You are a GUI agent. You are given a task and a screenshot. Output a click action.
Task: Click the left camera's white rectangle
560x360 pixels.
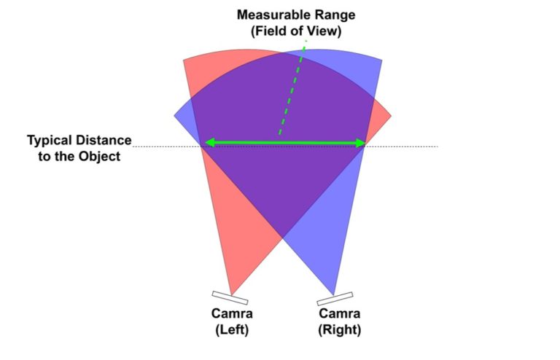coord(230,297)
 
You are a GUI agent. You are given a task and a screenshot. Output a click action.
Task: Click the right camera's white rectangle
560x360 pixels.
coord(335,299)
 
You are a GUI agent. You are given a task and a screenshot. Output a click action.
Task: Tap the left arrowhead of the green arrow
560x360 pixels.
coord(208,143)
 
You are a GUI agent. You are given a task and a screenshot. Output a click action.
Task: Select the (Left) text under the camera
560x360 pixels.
coord(233,330)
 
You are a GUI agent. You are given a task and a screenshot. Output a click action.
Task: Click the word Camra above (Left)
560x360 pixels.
coord(233,315)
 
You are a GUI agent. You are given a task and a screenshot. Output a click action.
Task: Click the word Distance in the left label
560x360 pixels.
coord(105,140)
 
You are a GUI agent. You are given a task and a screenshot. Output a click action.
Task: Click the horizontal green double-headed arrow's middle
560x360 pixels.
coord(284,143)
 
